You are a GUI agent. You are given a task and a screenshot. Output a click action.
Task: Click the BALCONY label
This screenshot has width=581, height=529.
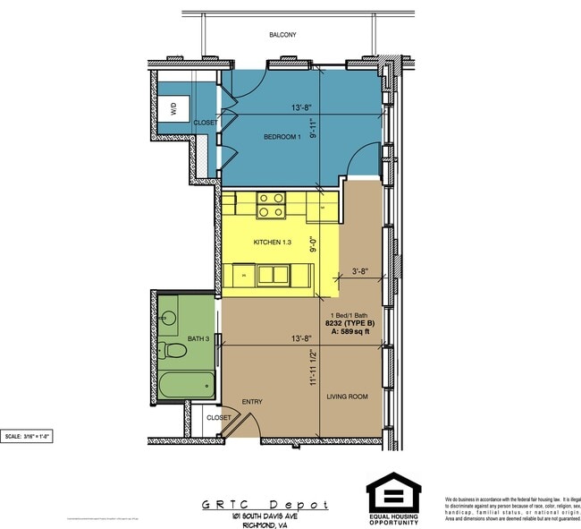coord(282,35)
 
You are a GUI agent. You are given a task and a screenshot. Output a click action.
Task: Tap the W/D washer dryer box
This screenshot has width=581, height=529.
coord(173,109)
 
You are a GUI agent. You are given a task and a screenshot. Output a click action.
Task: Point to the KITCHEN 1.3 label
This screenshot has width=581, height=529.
coord(272,243)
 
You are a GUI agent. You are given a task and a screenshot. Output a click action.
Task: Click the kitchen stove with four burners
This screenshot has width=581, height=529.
coord(271,206)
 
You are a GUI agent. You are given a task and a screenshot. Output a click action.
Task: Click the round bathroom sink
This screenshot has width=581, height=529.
coord(168,317)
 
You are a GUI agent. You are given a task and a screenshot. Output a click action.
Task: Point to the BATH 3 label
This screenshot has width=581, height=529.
coord(198,338)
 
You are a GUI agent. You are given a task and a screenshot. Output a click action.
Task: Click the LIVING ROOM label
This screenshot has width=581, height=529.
coord(348,397)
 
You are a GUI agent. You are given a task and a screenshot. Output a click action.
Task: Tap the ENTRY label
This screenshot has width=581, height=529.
coord(252,402)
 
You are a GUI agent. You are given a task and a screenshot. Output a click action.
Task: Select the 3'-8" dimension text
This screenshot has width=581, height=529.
coord(362,269)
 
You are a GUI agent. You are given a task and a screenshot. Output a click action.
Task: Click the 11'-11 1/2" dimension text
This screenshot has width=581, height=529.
coord(313,367)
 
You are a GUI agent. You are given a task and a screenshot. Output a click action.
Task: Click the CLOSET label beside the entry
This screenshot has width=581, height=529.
coord(219,417)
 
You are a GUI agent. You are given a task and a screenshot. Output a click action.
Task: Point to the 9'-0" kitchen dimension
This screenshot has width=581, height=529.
coord(313,244)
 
